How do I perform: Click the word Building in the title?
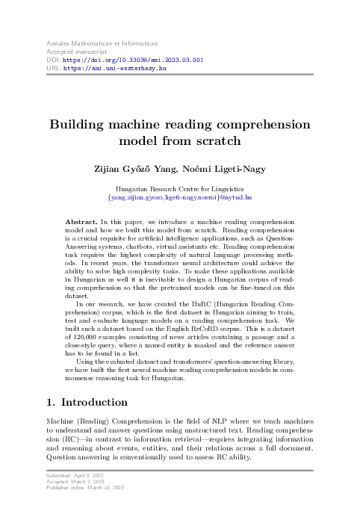click(x=81, y=124)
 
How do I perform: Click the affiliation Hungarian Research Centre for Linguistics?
click(x=179, y=191)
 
